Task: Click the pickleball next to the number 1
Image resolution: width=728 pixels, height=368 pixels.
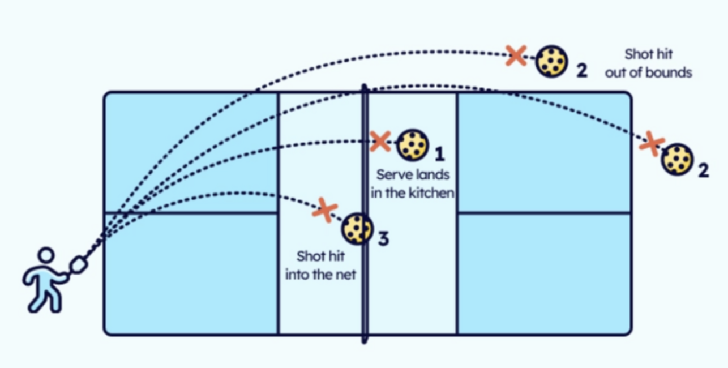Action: coord(413,146)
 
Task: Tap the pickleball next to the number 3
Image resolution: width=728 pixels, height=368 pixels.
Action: coord(357,229)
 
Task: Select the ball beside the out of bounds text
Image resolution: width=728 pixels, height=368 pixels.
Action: coord(551,61)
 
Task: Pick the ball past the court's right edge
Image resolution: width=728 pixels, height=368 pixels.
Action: coord(677,159)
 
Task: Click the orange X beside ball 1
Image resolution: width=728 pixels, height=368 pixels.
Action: coord(380,141)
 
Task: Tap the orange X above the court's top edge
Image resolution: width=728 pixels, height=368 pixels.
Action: coord(516,55)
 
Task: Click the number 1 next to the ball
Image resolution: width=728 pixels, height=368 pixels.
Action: coord(439,153)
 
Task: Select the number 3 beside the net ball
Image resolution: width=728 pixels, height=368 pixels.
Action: coord(383,238)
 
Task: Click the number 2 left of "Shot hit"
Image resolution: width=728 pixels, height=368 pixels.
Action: coord(582,71)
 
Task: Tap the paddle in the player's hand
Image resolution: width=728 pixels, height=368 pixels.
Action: coord(78,264)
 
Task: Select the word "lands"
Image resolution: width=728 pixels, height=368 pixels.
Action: coord(434,174)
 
